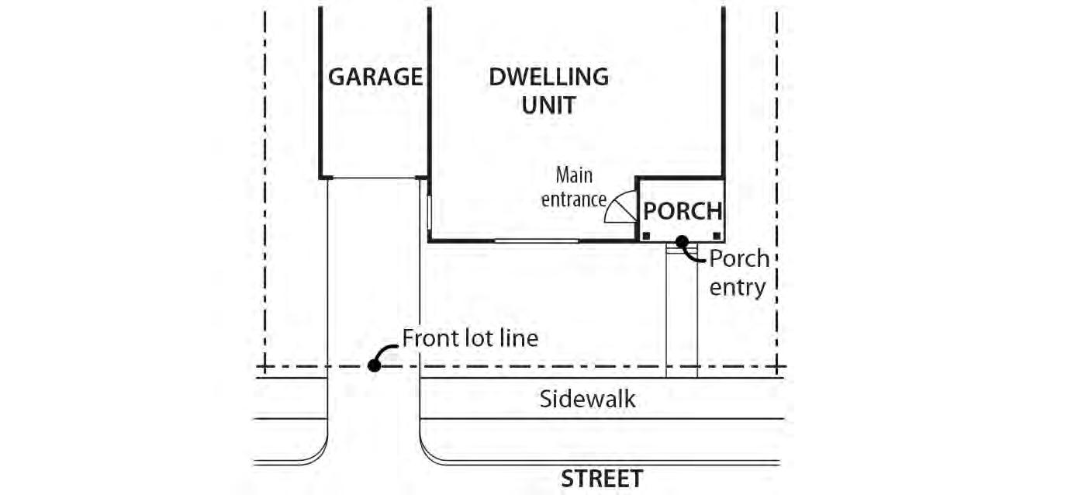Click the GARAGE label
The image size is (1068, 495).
[x=375, y=78]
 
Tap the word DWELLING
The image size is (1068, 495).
[x=548, y=78]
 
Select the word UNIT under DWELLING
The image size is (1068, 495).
[x=548, y=105]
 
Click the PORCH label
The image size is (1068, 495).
[x=683, y=211]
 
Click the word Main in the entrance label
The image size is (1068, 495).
[x=573, y=175]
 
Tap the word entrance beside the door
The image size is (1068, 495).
[x=573, y=199]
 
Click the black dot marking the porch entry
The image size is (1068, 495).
[x=682, y=241]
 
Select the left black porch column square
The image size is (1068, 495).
[x=645, y=235]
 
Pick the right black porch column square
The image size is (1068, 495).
[x=717, y=235]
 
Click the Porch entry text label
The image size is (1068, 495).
[x=738, y=272]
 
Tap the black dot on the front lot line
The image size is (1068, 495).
[x=374, y=365]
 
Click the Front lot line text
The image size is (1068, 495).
[x=469, y=338]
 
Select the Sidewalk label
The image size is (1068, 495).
[x=587, y=399]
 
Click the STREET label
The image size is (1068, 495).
[x=602, y=479]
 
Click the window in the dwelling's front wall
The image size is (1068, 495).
[x=536, y=241]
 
